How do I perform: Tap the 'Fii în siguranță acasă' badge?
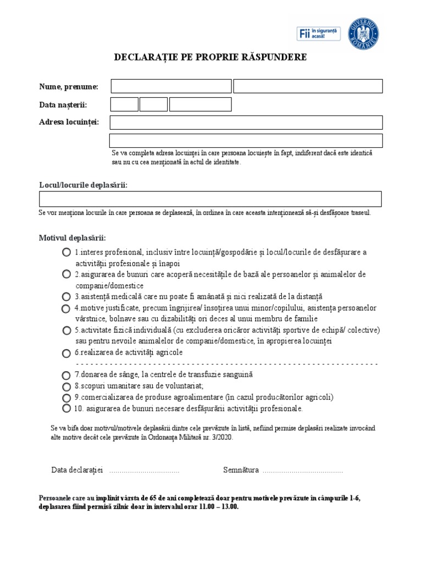tap(319, 34)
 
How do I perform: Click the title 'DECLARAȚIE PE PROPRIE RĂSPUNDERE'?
tap(210, 57)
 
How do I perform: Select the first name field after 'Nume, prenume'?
tap(171, 86)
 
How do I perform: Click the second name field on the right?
tap(308, 86)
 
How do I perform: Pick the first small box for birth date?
tap(124, 104)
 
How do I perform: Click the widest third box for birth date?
tap(200, 104)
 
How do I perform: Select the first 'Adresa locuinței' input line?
tap(246, 122)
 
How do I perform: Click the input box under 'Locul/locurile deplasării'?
tap(210, 198)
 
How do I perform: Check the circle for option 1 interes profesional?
tap(66, 252)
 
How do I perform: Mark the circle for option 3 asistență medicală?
tap(66, 296)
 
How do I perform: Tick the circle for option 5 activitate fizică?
tap(66, 330)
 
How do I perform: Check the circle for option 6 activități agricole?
tap(66, 353)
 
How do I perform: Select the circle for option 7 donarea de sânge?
tap(66, 375)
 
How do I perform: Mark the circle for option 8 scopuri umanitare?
tap(66, 386)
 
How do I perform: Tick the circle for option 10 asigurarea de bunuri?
tap(66, 409)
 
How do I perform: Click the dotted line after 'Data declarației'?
tap(145, 471)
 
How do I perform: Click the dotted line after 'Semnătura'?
tap(302, 471)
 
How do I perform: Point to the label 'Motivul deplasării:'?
tap(73, 238)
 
